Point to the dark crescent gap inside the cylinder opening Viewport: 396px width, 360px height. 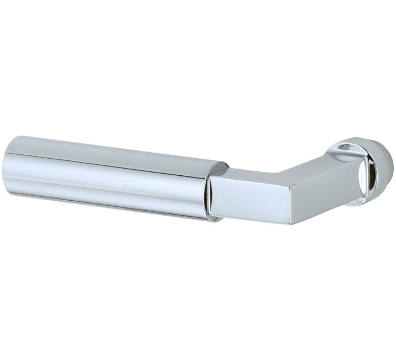(209, 194)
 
